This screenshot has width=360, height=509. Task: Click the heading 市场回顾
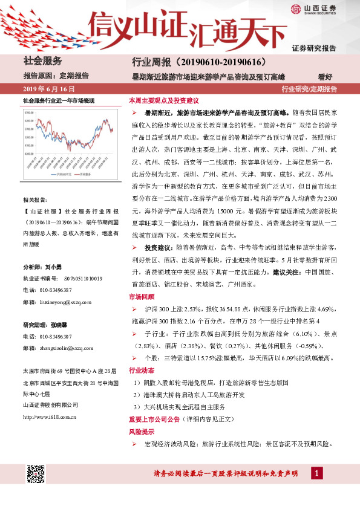tap(140, 297)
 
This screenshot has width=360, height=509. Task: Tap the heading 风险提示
tap(140, 432)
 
